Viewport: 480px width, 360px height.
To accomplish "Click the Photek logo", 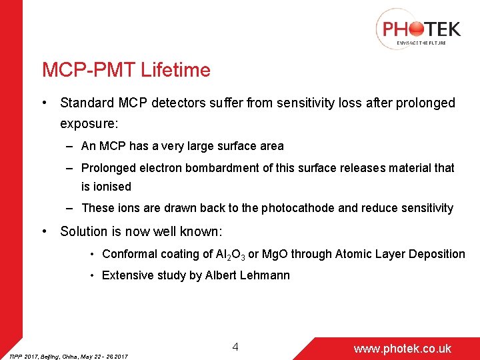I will (418, 30).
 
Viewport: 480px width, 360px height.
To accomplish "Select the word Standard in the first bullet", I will (85, 103).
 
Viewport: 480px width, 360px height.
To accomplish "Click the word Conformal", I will (130, 254).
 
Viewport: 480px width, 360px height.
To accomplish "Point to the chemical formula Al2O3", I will (231, 255).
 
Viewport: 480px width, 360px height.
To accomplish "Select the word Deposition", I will (437, 254).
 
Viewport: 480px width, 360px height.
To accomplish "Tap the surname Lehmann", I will (265, 275).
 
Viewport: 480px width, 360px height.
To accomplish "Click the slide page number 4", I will (235, 347).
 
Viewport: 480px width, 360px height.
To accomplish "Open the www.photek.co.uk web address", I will (402, 349).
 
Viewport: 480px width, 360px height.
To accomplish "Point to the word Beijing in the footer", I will (47, 357).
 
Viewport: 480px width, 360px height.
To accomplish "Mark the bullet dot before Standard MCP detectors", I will (43, 103).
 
